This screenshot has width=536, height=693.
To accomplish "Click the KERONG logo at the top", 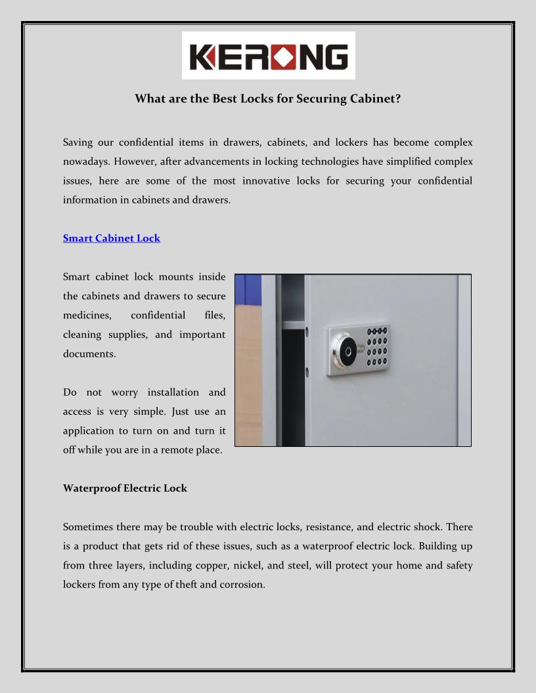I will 268,56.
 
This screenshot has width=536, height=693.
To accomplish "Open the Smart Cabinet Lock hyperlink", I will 112,238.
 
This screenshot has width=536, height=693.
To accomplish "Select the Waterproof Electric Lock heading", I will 125,488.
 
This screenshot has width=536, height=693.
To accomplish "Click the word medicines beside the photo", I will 85,316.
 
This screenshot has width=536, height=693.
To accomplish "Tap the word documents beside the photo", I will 89,354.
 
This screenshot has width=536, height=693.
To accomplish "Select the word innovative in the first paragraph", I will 267,180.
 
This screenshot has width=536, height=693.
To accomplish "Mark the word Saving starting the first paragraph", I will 78,142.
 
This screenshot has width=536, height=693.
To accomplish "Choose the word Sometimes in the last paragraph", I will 89,527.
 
